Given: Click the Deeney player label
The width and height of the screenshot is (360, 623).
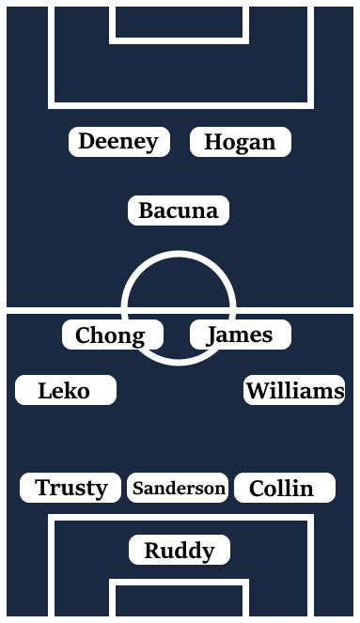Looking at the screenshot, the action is [119, 142].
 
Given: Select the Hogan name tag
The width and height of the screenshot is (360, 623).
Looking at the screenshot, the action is [240, 143].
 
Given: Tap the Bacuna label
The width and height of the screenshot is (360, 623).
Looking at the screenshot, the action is [179, 211].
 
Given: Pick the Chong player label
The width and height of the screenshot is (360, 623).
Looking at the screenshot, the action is [112, 335].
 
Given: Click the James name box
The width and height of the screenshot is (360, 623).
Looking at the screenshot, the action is [240, 335].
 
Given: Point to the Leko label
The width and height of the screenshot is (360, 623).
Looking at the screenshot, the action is [65, 391].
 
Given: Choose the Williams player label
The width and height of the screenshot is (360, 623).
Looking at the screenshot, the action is [294, 391].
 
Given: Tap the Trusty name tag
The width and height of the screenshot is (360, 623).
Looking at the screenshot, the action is [70, 489].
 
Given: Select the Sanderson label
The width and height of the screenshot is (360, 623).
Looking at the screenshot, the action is [179, 489].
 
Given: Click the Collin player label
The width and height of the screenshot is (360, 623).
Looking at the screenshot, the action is [284, 489].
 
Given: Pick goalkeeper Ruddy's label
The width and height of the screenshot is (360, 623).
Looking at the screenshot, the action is [179, 551].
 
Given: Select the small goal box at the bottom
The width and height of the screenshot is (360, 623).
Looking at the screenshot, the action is [179, 601].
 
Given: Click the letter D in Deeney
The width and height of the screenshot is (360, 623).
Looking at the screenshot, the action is [86, 142].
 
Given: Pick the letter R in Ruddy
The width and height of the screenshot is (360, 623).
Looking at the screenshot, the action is [151, 551].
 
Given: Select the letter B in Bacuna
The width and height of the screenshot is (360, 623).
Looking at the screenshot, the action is [146, 211].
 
